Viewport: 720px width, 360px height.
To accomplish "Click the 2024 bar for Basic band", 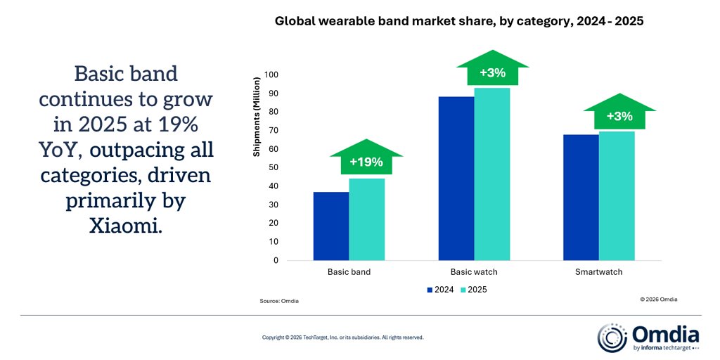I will [331, 226].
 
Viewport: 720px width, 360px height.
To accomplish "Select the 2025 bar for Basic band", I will [367, 219].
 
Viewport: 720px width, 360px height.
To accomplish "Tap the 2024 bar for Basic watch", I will [456, 178].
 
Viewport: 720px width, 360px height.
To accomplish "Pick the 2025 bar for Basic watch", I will [492, 174].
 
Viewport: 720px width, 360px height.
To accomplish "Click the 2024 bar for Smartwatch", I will [581, 197].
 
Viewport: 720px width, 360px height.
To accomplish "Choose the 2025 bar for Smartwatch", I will [617, 195].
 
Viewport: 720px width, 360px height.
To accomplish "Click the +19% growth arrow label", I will [366, 162].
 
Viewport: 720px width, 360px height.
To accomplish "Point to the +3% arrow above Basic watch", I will [492, 73].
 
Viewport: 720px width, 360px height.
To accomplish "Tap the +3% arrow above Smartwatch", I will [619, 117].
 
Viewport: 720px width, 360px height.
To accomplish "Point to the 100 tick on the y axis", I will [271, 75].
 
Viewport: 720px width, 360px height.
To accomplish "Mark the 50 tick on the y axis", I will [274, 167].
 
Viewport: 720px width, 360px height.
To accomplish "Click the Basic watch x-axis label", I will [474, 271].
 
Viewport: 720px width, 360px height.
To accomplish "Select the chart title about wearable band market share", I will [459, 22].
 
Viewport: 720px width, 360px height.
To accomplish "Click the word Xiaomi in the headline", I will [126, 226].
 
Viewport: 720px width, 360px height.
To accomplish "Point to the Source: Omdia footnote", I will [279, 301].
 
